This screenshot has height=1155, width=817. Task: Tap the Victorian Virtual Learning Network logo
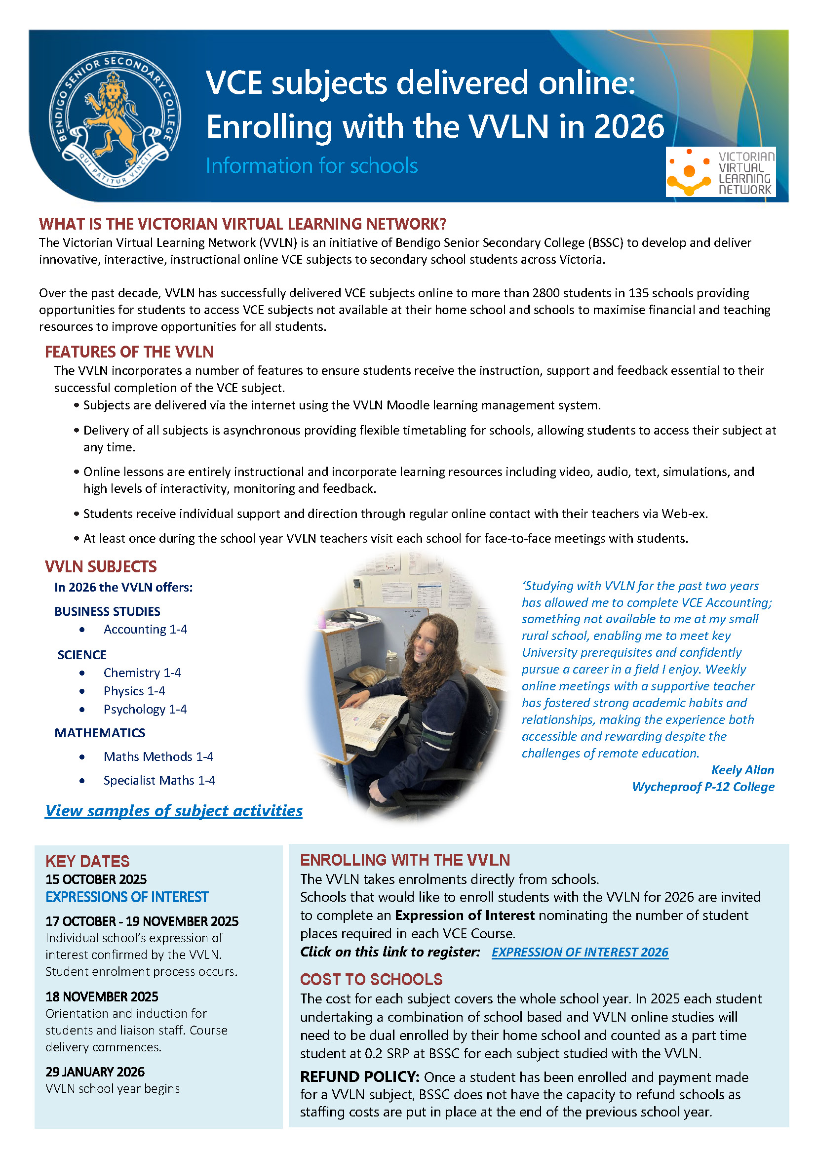tap(720, 172)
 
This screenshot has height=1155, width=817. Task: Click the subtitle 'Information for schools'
tap(311, 165)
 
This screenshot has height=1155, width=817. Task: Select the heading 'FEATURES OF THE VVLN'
tap(129, 352)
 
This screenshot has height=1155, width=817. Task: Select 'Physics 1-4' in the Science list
tap(134, 691)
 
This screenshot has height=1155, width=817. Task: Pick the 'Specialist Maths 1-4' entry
tap(159, 780)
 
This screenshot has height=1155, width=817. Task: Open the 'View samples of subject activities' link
tap(174, 811)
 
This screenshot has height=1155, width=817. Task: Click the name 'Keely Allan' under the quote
tap(742, 770)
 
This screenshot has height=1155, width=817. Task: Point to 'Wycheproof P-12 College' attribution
tap(703, 787)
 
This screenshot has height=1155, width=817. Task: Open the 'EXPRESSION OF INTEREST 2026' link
tap(580, 952)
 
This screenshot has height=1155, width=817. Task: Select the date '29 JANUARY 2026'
tap(95, 1072)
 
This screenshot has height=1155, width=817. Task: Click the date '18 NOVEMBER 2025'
tap(102, 996)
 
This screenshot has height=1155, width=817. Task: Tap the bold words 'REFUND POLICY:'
tap(360, 1076)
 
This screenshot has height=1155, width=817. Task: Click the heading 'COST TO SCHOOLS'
tap(371, 979)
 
